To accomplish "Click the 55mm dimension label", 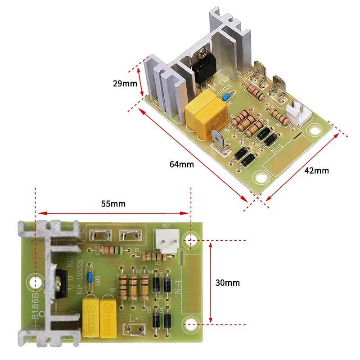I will click(x=113, y=203).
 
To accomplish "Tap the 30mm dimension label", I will click(x=227, y=283).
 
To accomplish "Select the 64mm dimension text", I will click(x=182, y=164).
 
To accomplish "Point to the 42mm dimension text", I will click(x=317, y=171).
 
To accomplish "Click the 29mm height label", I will click(x=125, y=83).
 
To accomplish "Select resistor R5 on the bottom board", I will click(x=154, y=256).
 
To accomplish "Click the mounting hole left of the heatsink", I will click(x=35, y=282).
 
